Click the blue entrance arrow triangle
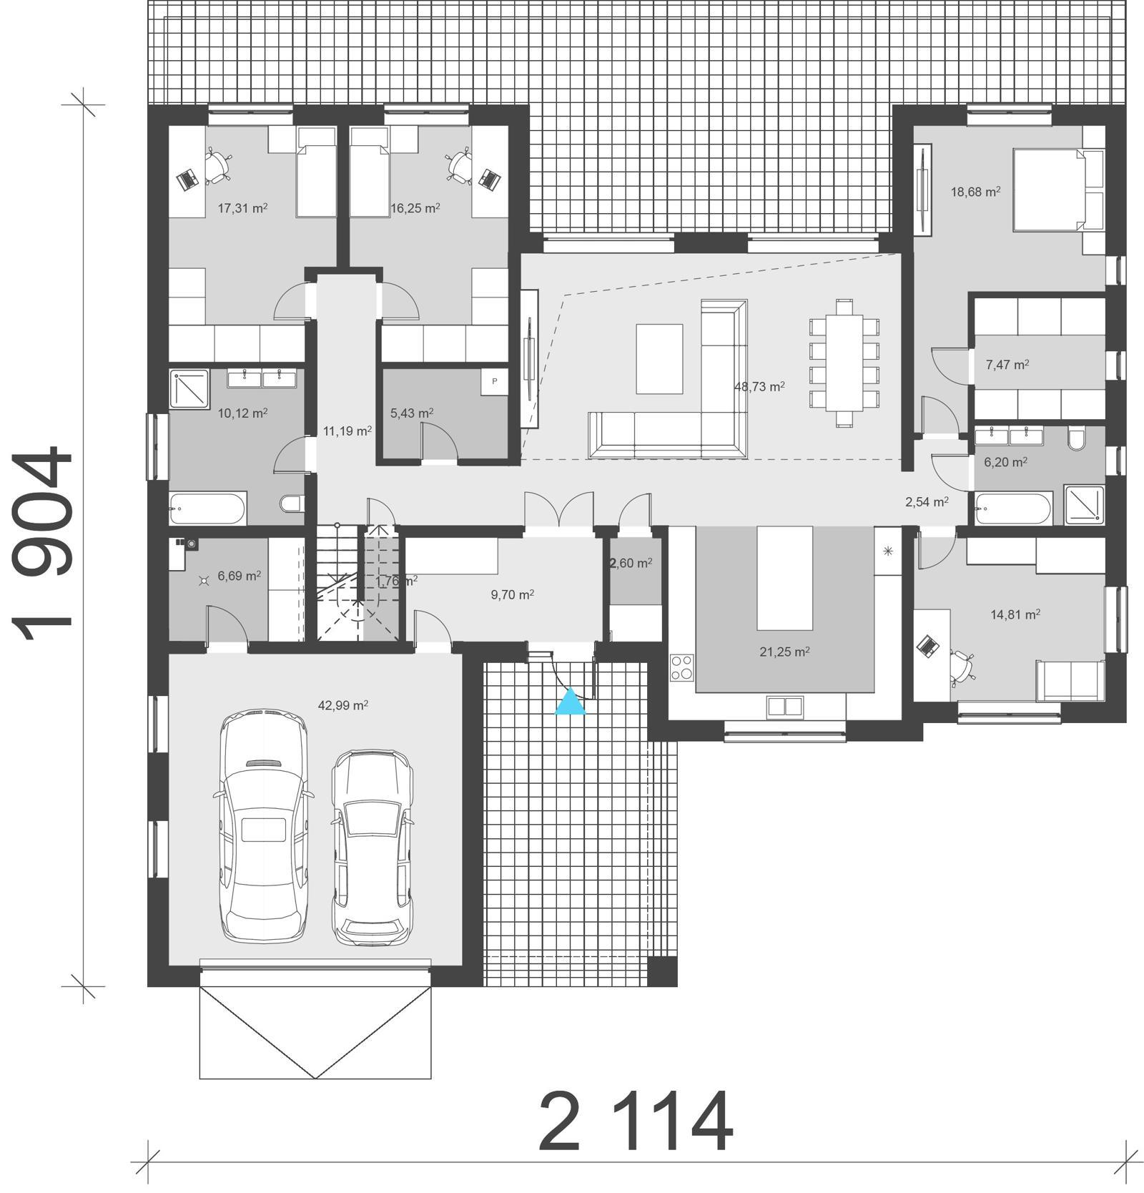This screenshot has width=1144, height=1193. coord(571,703)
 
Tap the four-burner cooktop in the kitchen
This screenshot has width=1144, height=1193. coord(681,667)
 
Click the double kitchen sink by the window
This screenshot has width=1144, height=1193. coord(784,707)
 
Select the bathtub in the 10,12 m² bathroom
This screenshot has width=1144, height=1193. coord(208,509)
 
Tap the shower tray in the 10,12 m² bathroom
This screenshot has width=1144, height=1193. coord(189,388)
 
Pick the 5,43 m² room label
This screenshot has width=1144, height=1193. coord(412,413)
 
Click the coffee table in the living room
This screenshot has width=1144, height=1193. coord(659,358)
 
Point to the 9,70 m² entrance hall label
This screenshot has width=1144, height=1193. coord(513,594)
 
